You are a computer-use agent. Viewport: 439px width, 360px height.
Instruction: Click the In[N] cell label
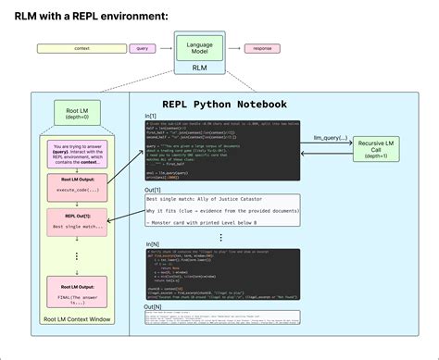coord(153,244)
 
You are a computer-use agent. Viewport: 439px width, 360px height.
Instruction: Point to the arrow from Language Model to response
coord(232,46)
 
